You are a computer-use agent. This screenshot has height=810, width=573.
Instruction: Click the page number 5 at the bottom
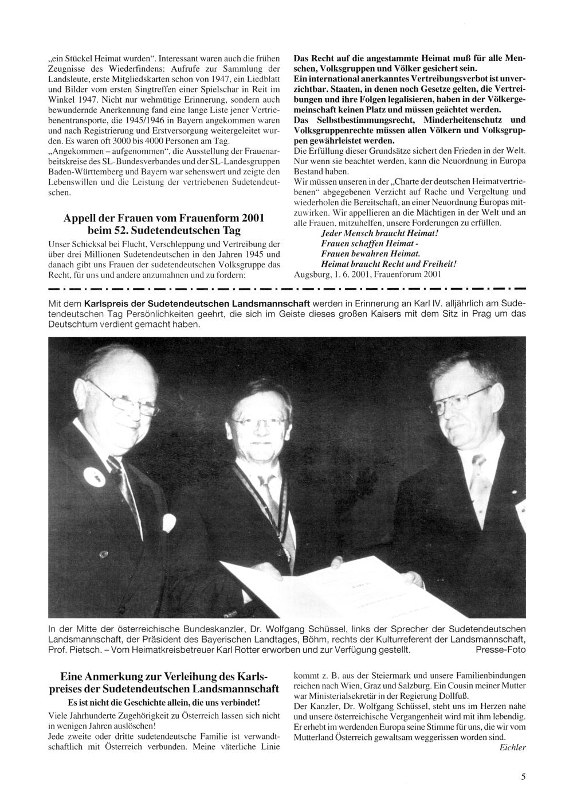(523, 777)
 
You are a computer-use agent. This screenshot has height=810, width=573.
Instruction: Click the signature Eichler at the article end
(512, 747)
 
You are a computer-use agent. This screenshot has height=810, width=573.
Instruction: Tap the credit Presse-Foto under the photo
(500, 649)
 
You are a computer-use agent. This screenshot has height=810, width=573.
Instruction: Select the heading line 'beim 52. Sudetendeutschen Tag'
(163, 231)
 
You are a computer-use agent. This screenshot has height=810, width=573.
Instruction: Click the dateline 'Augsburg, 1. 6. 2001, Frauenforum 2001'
(367, 274)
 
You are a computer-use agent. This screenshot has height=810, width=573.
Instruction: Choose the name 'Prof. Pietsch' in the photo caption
(74, 649)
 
